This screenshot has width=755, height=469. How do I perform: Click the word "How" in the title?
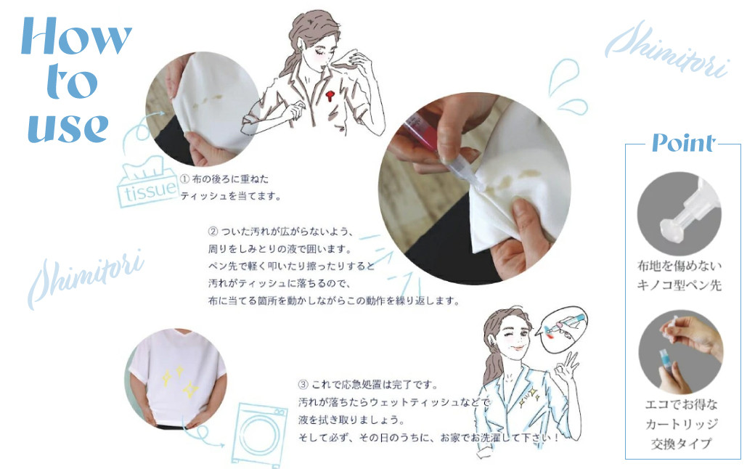[x=76, y=36]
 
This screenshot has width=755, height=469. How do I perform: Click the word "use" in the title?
[x=68, y=128]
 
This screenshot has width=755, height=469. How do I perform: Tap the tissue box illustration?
[x=147, y=183]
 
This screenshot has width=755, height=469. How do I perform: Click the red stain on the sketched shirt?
[x=330, y=95]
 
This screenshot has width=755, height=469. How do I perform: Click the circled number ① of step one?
[x=185, y=179]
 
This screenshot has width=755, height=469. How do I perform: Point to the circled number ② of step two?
[x=213, y=232]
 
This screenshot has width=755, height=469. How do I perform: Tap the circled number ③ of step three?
[x=303, y=385]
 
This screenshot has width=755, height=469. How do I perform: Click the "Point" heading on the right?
[x=683, y=143]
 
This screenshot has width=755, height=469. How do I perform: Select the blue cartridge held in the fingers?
[x=667, y=361]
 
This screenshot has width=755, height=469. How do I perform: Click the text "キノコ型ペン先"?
[x=679, y=285]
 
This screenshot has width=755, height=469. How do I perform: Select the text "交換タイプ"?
[x=681, y=444]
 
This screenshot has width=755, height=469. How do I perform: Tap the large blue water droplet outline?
[x=563, y=76]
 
